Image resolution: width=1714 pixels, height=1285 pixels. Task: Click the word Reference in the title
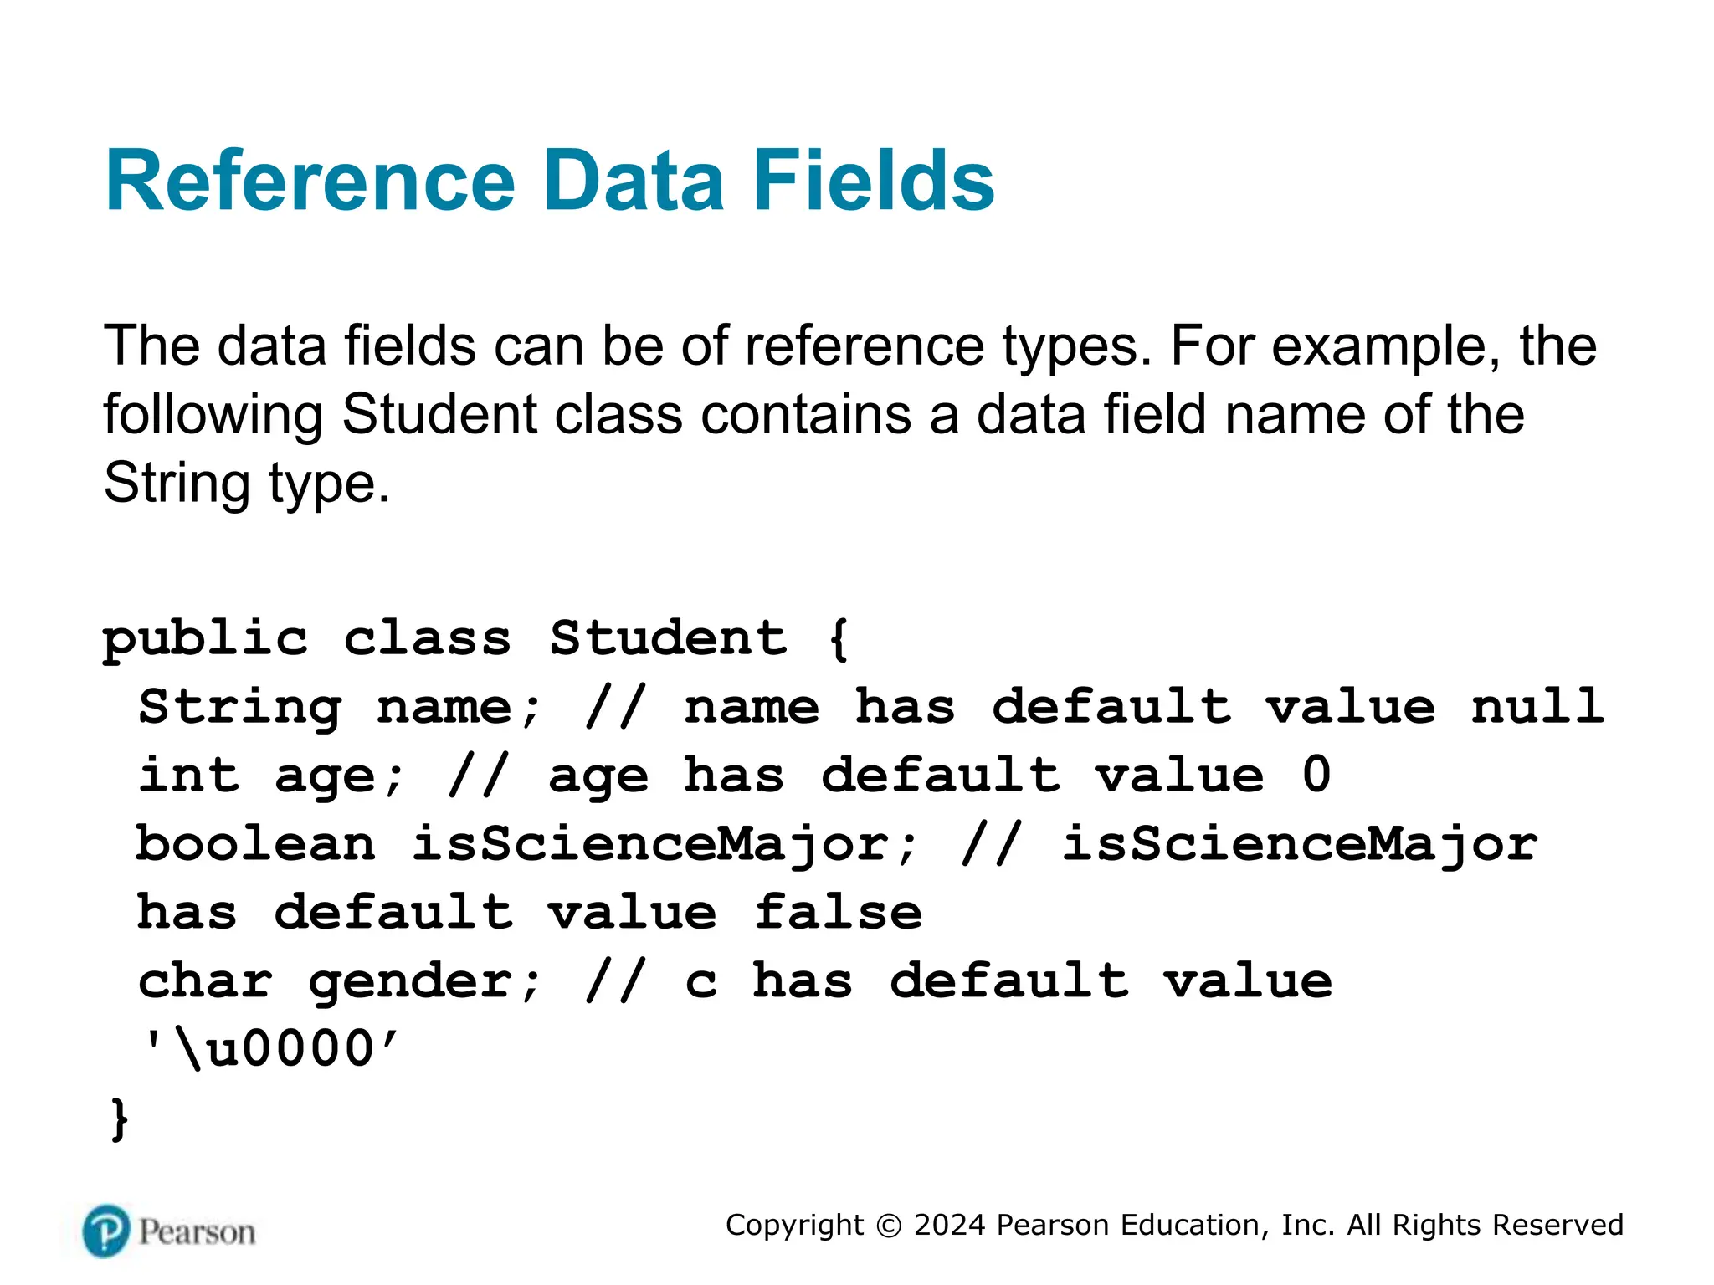(x=310, y=181)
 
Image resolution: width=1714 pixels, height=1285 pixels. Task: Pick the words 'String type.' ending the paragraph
(x=246, y=484)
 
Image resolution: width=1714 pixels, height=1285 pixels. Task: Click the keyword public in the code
(x=205, y=640)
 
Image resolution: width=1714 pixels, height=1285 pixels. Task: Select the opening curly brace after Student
(x=839, y=640)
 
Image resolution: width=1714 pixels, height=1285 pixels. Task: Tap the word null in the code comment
(x=1537, y=708)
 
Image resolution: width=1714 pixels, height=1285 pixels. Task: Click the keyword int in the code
(x=189, y=776)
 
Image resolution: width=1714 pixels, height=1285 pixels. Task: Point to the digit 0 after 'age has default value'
(x=1316, y=776)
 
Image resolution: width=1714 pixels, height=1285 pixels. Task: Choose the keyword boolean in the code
(x=255, y=844)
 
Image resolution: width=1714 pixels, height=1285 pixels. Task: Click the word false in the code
(x=838, y=913)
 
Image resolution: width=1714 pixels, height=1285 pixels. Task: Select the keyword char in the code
(x=205, y=981)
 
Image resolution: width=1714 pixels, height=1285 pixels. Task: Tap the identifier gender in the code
(x=426, y=981)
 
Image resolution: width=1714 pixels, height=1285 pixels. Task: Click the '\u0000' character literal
(x=271, y=1050)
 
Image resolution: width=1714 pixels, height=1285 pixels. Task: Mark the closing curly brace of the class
(x=120, y=1119)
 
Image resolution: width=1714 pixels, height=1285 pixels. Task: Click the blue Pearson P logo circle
(x=106, y=1231)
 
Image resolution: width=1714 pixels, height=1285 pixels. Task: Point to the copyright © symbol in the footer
(x=889, y=1226)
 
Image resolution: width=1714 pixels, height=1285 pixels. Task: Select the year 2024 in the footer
(x=950, y=1226)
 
